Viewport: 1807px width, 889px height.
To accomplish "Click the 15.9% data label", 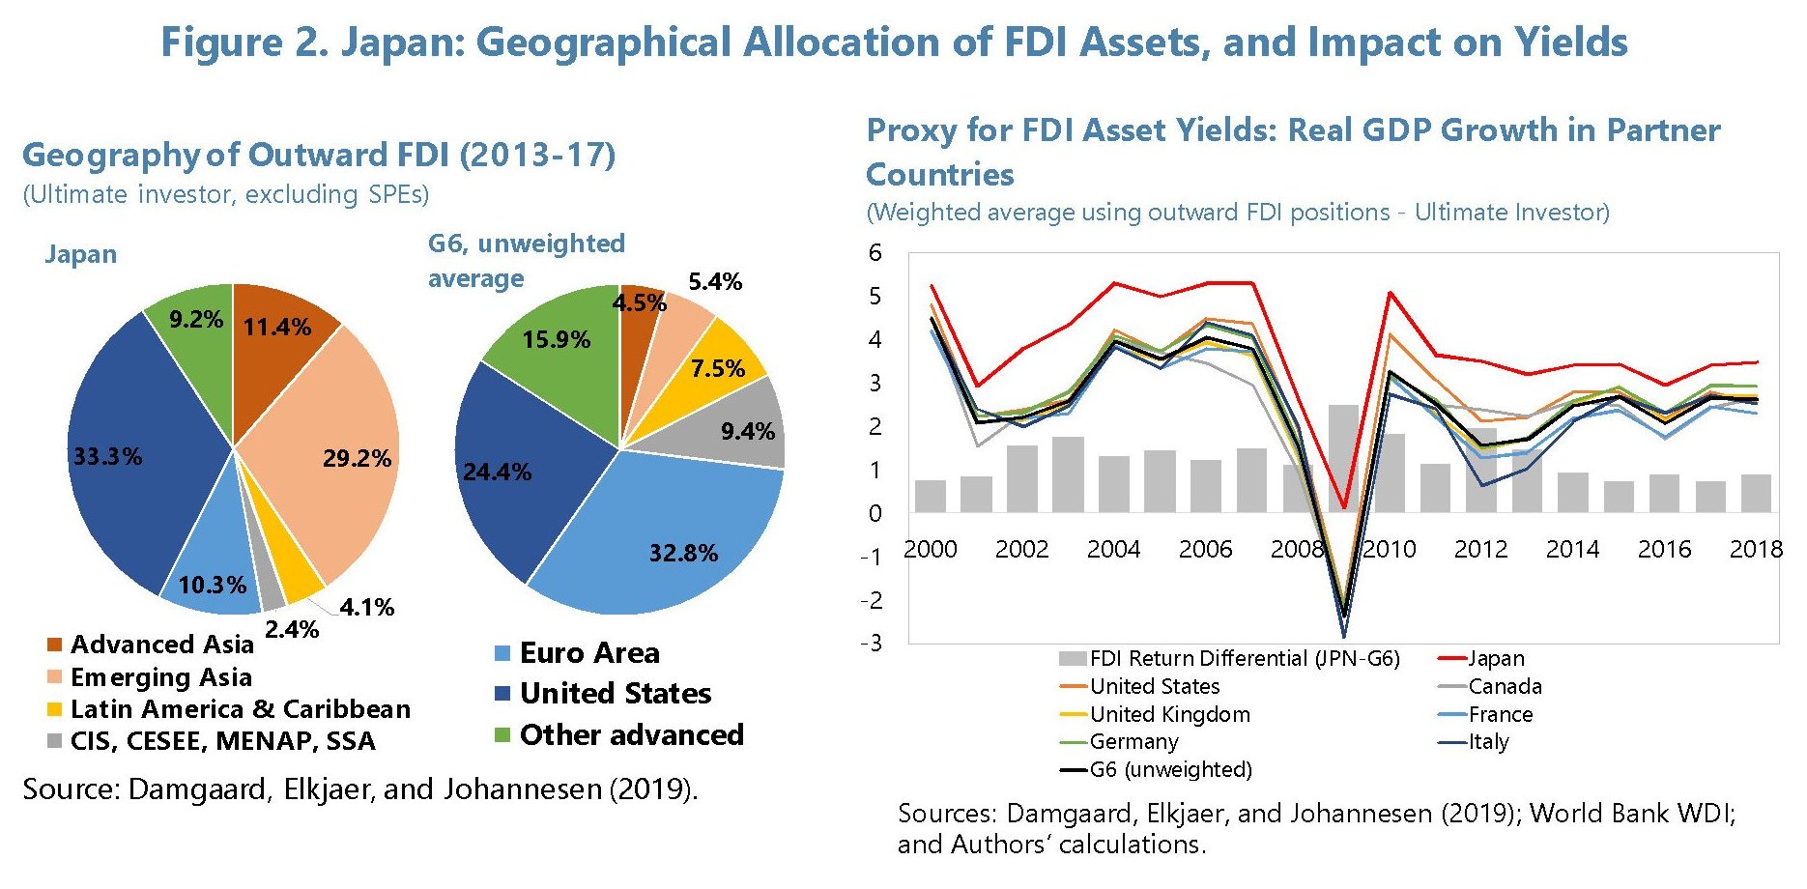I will click(x=556, y=340).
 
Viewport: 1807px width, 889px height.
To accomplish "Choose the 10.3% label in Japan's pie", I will click(x=212, y=585).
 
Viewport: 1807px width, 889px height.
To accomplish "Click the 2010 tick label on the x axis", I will click(x=1389, y=550).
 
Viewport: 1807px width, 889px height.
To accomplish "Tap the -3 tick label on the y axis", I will click(x=872, y=644).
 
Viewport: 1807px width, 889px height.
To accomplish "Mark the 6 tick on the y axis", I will click(x=875, y=253).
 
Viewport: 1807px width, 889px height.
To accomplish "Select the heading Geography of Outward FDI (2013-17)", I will click(x=319, y=155).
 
